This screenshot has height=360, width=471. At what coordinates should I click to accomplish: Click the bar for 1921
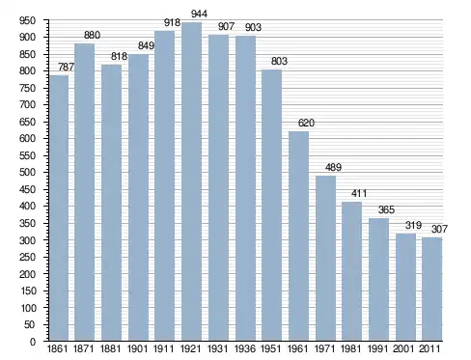tap(191, 181)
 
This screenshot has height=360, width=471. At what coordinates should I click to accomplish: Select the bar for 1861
tap(59, 208)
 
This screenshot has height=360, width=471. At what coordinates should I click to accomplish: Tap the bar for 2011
tap(431, 290)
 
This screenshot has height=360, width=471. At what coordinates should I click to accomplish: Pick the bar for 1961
tap(298, 236)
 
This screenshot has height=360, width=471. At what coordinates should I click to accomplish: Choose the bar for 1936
tap(245, 188)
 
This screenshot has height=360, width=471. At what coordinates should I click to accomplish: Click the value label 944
tap(199, 14)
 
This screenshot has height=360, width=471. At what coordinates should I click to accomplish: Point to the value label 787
tap(66, 67)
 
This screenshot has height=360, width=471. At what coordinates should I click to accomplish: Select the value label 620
tap(306, 123)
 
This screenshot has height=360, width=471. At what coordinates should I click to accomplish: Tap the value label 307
tap(439, 229)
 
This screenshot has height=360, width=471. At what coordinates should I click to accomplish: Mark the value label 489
tap(333, 167)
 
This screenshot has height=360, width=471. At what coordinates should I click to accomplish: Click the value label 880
tap(92, 35)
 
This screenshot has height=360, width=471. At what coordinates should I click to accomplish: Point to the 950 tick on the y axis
tap(27, 20)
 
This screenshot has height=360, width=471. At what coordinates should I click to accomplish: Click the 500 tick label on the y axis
tap(27, 173)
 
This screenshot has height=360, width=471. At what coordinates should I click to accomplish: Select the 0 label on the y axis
tap(33, 342)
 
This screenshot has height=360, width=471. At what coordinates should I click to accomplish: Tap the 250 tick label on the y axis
tap(27, 257)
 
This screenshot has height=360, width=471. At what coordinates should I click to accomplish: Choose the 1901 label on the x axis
tap(137, 348)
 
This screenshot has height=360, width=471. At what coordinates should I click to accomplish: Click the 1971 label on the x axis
tap(324, 348)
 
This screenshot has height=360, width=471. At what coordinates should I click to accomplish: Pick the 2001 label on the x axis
tap(403, 348)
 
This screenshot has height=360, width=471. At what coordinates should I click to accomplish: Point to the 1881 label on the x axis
tap(110, 348)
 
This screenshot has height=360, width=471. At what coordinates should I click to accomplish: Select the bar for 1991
tap(378, 280)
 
